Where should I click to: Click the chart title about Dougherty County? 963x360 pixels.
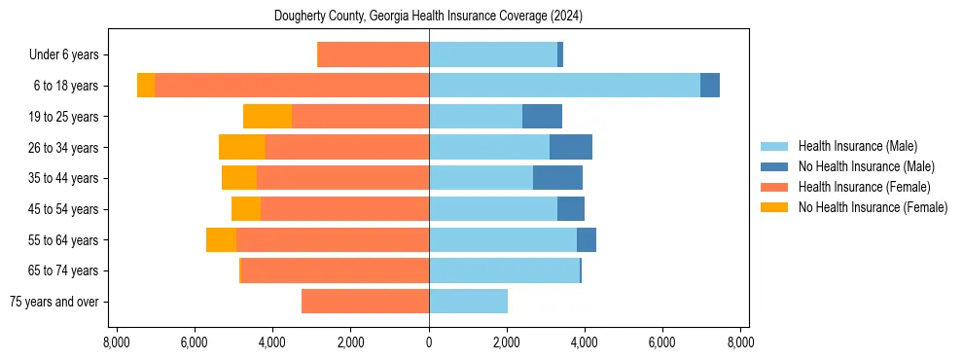(429, 16)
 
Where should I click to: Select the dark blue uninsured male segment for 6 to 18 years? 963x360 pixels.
(710, 86)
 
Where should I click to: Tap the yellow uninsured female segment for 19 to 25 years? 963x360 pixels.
(267, 117)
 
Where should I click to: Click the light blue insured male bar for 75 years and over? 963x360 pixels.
(468, 302)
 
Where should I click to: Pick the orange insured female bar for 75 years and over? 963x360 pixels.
(365, 302)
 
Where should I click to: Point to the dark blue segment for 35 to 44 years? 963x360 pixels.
(557, 178)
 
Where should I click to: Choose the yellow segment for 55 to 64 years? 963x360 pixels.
(221, 240)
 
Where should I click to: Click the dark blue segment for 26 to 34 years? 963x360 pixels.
(571, 148)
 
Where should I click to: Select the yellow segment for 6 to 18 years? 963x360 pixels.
(146, 86)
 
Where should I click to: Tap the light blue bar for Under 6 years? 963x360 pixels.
(493, 55)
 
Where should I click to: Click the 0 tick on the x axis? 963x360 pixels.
(429, 342)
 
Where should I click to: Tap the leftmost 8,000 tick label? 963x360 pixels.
(117, 342)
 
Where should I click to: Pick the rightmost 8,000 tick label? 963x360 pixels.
(740, 342)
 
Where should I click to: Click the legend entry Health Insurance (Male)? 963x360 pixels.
(857, 146)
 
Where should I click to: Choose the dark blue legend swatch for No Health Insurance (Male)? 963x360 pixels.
(774, 166)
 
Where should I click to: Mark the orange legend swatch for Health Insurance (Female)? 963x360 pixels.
(774, 187)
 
